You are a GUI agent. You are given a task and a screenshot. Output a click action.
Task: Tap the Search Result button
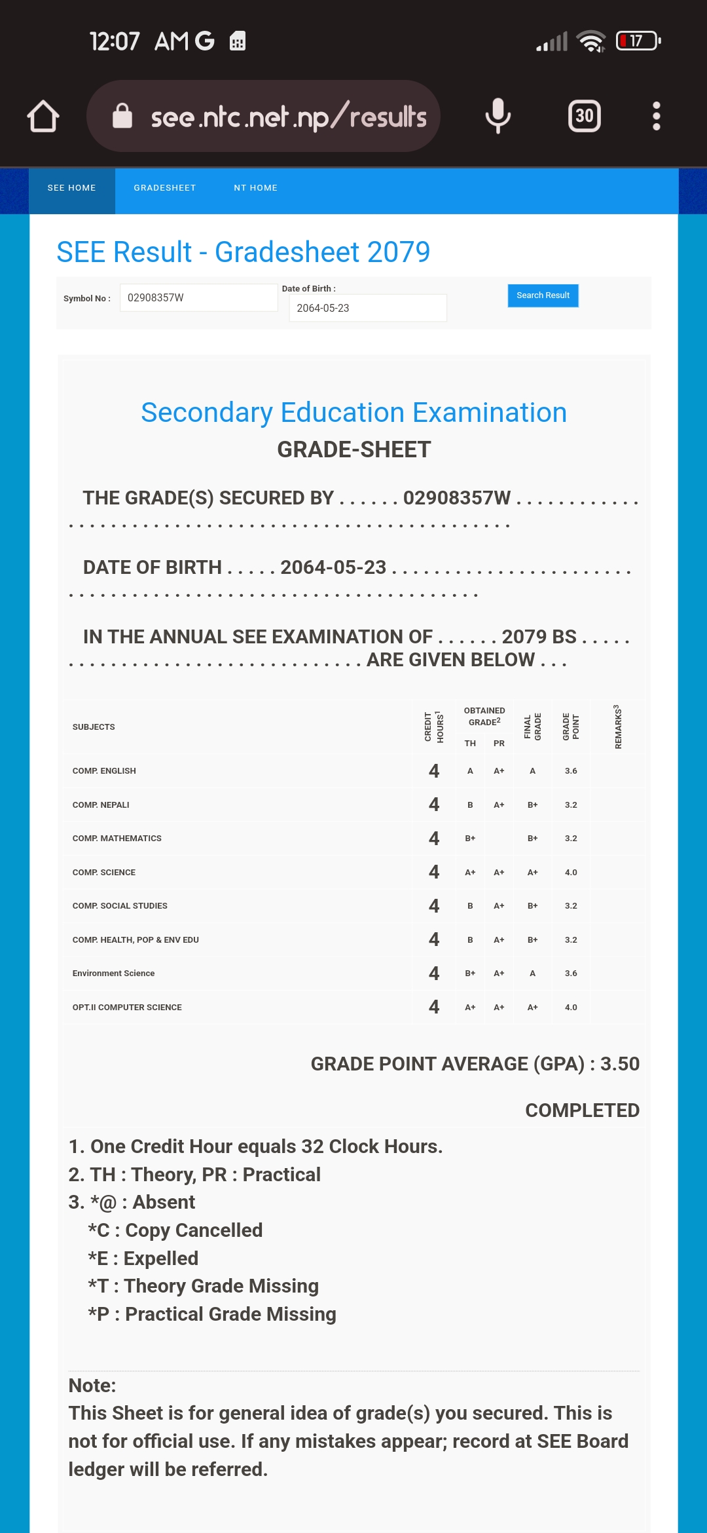pos(543,295)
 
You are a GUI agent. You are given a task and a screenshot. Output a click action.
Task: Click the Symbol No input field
pos(198,297)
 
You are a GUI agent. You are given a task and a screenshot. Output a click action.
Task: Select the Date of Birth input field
pos(367,308)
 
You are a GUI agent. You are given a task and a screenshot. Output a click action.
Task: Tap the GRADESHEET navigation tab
pos(165,188)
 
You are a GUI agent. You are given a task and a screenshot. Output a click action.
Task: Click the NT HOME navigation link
pos(255,188)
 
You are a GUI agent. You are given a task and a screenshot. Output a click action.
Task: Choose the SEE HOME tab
pos(72,188)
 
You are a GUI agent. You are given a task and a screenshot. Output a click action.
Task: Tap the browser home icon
pos(43,117)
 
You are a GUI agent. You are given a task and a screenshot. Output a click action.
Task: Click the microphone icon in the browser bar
pos(498,116)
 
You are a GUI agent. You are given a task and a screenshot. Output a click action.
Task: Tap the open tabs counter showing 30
pos(584,116)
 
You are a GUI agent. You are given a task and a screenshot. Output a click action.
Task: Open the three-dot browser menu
pos(656,116)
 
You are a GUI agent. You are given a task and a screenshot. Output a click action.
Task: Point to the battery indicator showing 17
pos(638,41)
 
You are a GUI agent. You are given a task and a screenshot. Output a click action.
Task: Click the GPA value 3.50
pos(619,1064)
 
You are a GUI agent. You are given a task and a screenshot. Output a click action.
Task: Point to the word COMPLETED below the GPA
pos(582,1110)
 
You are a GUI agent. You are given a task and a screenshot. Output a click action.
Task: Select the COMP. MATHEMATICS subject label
pos(117,839)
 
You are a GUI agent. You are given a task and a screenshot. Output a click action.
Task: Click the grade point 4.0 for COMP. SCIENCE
pos(571,873)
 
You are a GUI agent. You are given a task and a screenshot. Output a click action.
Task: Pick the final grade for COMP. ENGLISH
pos(533,771)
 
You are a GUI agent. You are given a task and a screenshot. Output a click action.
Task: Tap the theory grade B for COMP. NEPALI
pos(470,805)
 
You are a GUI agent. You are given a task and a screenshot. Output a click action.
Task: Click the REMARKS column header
pos(617,727)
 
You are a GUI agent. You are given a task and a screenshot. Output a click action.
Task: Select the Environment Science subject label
pos(114,974)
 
